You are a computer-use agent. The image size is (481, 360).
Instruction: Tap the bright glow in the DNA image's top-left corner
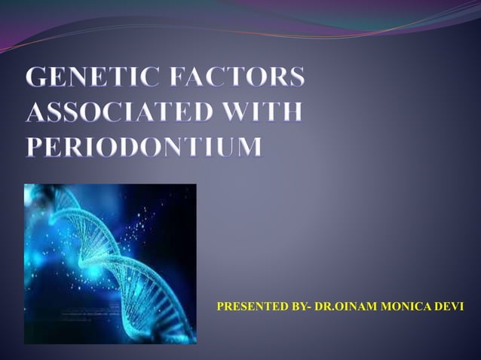(34, 194)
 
